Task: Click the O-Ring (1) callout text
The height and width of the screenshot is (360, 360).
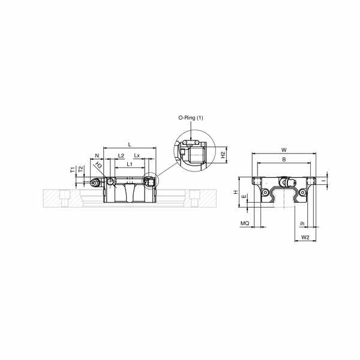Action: point(191,118)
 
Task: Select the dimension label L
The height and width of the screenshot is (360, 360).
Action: point(130,145)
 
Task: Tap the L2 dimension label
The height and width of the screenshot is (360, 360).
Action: point(121,155)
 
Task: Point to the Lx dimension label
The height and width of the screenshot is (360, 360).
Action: point(137,155)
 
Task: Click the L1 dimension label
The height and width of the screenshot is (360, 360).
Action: point(130,164)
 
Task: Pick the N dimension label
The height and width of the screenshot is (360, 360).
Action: point(97,155)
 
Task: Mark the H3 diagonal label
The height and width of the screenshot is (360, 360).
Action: point(98,165)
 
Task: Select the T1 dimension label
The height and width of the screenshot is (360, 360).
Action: point(73,170)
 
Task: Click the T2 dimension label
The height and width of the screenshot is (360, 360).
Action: point(80,169)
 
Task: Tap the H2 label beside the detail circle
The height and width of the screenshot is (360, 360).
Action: point(223,155)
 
